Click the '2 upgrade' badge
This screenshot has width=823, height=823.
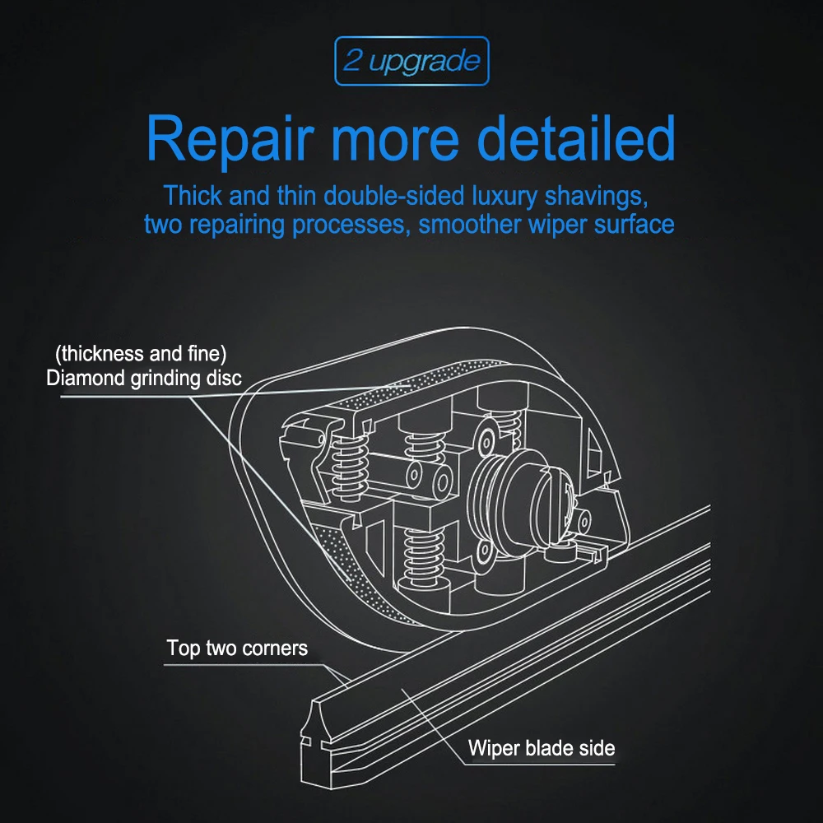(412, 61)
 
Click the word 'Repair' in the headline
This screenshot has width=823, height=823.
(230, 137)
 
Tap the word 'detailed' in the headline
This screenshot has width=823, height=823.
(575, 137)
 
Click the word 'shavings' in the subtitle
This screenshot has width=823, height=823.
(596, 197)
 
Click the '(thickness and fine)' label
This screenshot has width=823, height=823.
(142, 354)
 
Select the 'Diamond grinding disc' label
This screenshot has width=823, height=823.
(144, 379)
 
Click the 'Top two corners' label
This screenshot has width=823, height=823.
(237, 649)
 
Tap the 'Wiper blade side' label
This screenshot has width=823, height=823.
(542, 748)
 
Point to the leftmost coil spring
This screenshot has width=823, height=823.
(349, 467)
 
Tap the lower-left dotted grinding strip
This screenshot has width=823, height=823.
(362, 578)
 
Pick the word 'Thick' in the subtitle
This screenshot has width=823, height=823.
(193, 196)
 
